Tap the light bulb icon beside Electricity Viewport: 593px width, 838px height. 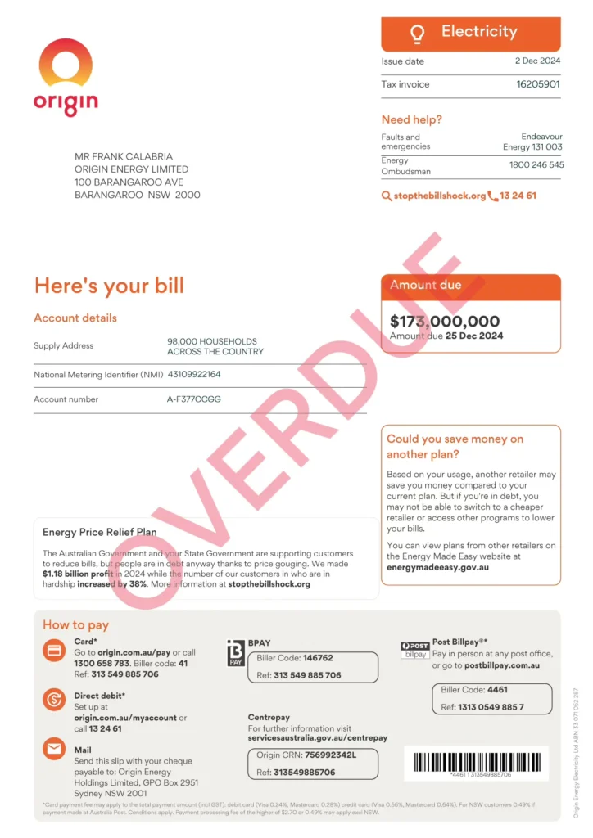click(418, 34)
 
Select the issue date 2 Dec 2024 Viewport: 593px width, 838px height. click(537, 61)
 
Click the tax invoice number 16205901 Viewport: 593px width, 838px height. click(538, 84)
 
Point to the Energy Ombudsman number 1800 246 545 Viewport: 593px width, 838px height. click(536, 165)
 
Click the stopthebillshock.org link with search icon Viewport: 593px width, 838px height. click(433, 196)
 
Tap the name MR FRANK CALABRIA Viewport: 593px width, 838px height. click(124, 156)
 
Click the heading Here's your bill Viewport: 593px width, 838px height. click(109, 286)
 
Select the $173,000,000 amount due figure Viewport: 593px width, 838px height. click(445, 322)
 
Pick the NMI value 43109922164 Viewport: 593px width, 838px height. click(194, 375)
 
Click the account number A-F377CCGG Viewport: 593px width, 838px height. click(194, 399)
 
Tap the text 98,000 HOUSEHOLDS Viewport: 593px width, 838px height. click(212, 341)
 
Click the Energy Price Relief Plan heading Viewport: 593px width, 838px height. click(100, 532)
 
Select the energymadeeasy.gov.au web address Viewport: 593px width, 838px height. click(437, 567)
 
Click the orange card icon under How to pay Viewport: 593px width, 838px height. click(54, 651)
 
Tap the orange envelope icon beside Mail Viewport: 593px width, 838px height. click(54, 749)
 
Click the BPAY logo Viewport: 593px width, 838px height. click(236, 653)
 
